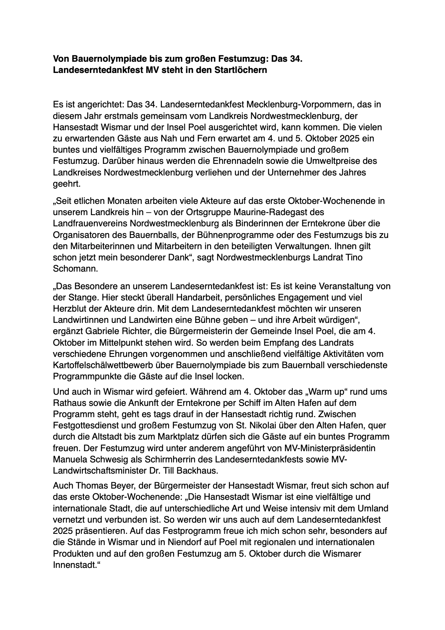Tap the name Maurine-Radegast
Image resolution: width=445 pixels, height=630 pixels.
268,212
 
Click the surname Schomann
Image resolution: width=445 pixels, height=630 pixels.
71,269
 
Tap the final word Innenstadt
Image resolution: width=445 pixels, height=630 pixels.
74,565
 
